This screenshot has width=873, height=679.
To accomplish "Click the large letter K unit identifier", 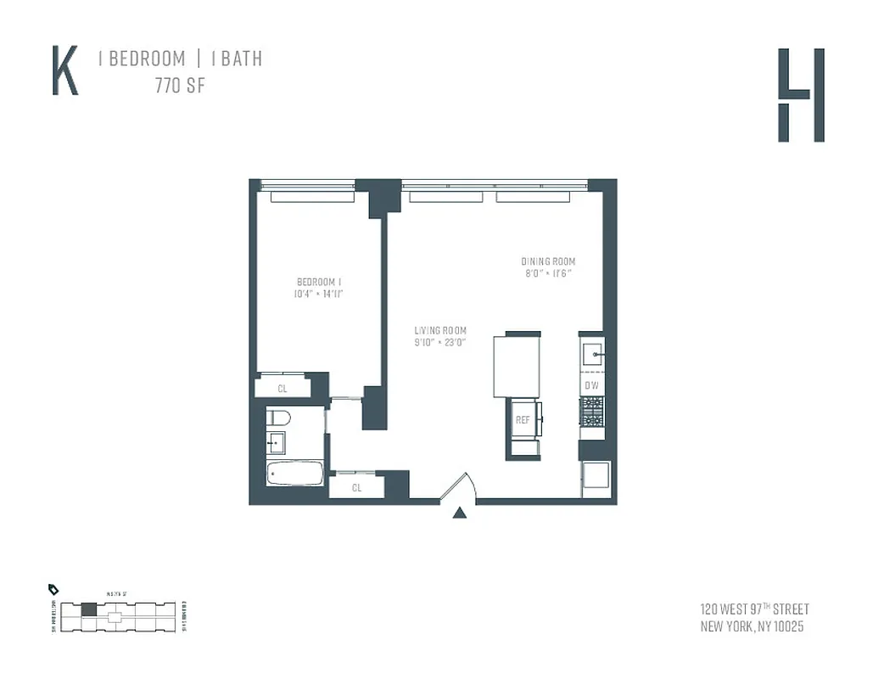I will pyautogui.click(x=65, y=72).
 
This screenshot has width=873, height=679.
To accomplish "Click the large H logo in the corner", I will pyautogui.click(x=801, y=95).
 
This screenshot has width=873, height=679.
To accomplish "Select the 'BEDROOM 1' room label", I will pyautogui.click(x=319, y=282).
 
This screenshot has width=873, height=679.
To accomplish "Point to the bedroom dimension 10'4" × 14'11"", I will pyautogui.click(x=319, y=294).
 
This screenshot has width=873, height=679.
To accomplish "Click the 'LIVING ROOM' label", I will pyautogui.click(x=440, y=330).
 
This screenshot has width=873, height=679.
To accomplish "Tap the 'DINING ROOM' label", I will pyautogui.click(x=548, y=261).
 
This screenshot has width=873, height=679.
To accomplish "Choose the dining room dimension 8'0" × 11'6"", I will pyautogui.click(x=548, y=273).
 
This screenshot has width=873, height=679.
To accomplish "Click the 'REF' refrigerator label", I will pyautogui.click(x=523, y=419).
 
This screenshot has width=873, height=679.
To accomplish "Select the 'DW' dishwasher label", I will pyautogui.click(x=591, y=385).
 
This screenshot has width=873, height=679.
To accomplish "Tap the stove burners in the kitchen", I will pyautogui.click(x=591, y=412).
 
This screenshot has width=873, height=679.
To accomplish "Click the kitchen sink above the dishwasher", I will pyautogui.click(x=592, y=352).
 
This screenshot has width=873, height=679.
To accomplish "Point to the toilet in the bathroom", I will pyautogui.click(x=278, y=418).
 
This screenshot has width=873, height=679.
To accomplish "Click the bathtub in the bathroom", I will pyautogui.click(x=294, y=473).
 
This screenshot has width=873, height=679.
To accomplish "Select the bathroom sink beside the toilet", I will pyautogui.click(x=276, y=441).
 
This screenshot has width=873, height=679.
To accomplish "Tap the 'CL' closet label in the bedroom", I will pyautogui.click(x=283, y=389).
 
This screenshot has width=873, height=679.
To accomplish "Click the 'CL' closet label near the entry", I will pyautogui.click(x=357, y=487).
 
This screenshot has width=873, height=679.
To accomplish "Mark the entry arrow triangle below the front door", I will pyautogui.click(x=459, y=512).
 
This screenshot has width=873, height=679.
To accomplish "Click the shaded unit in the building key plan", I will pyautogui.click(x=88, y=609).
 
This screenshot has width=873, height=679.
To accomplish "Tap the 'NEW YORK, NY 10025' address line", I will pyautogui.click(x=752, y=627).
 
